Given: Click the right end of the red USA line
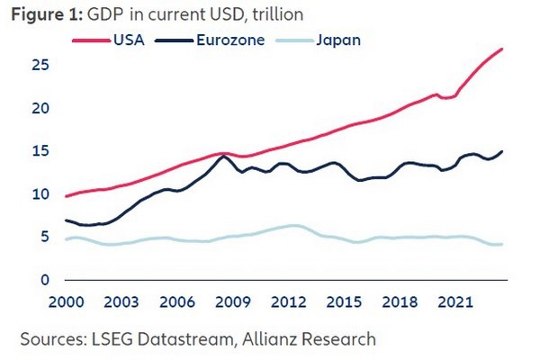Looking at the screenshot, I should coord(501,49).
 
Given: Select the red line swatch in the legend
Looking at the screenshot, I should coord(92,40).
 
